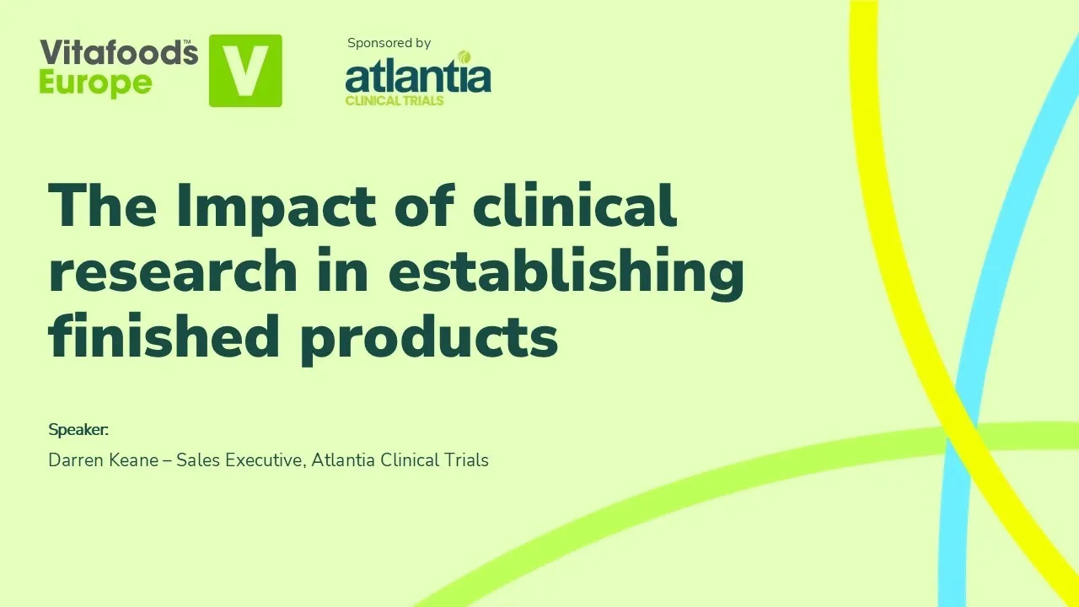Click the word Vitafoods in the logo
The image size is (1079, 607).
click(x=117, y=53)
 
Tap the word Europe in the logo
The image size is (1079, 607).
click(x=95, y=83)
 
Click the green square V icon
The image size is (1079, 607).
click(x=245, y=71)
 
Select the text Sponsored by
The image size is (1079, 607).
click(x=389, y=43)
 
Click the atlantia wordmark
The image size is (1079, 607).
click(x=417, y=77)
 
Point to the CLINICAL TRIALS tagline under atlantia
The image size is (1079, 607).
click(x=395, y=100)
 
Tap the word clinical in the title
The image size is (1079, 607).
click(x=574, y=205)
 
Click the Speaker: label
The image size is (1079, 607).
click(x=78, y=430)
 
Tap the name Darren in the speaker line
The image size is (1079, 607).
click(x=77, y=460)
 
